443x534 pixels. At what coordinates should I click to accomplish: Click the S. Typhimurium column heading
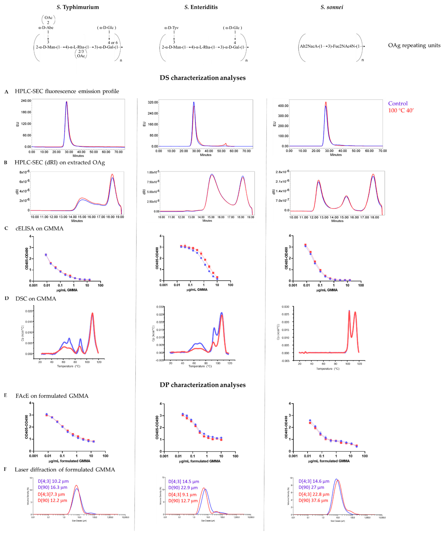(x=78, y=7)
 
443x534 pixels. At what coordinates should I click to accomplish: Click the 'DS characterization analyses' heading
(x=202, y=78)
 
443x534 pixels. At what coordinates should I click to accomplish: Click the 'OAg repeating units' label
(x=414, y=45)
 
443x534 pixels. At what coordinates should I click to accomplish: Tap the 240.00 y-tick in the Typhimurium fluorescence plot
(x=26, y=101)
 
